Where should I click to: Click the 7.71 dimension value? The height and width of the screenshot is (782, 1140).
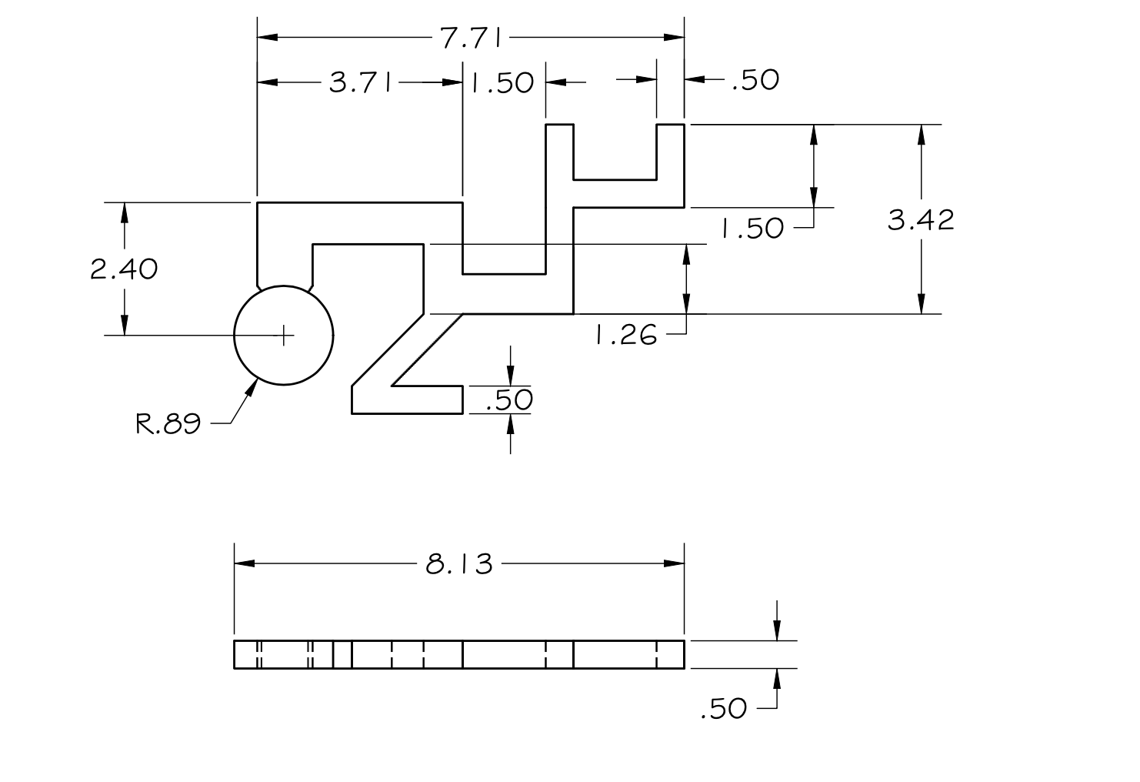pyautogui.click(x=471, y=38)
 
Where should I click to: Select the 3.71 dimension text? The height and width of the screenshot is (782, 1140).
pyautogui.click(x=361, y=82)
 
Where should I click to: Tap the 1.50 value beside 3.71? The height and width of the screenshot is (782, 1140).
pyautogui.click(x=502, y=83)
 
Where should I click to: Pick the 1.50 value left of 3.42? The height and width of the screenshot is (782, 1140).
pyautogui.click(x=752, y=228)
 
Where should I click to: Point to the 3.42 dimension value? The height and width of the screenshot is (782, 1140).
pyautogui.click(x=921, y=220)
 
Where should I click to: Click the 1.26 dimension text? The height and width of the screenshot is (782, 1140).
pyautogui.click(x=626, y=336)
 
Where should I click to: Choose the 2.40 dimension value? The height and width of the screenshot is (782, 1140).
pyautogui.click(x=124, y=269)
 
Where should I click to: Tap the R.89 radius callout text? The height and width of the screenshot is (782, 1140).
pyautogui.click(x=168, y=423)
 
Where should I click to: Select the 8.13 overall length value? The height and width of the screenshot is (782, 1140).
pyautogui.click(x=459, y=564)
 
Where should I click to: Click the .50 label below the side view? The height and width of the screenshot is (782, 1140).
pyautogui.click(x=723, y=708)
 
